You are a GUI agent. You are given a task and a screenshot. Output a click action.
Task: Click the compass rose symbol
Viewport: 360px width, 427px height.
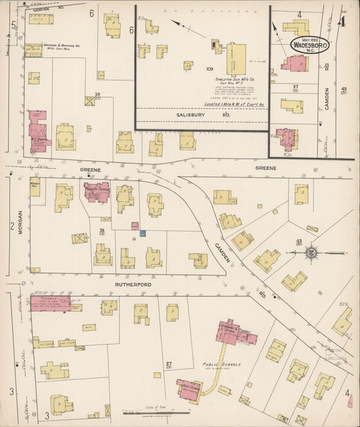(x=311, y=253)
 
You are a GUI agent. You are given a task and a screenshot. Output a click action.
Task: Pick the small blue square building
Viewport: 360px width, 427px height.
(x=143, y=233)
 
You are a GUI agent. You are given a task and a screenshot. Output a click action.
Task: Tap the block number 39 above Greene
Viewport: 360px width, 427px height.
(x=97, y=95)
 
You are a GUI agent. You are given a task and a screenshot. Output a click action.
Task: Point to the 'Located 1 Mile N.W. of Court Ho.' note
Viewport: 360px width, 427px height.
(x=236, y=104)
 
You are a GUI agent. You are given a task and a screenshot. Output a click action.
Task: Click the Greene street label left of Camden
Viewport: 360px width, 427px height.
(x=90, y=170)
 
